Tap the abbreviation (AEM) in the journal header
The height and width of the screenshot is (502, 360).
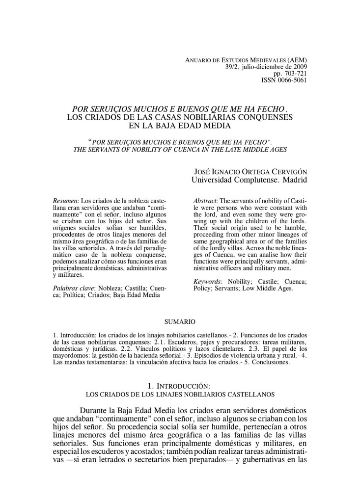pyautogui.click(x=296, y=60)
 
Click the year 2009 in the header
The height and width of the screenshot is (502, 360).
pyautogui.click(x=299, y=67)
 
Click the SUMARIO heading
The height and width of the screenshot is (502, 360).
pyautogui.click(x=180, y=322)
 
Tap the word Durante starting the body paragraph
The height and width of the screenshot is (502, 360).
pyautogui.click(x=96, y=410)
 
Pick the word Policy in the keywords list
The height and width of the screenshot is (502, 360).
pyautogui.click(x=203, y=288)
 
